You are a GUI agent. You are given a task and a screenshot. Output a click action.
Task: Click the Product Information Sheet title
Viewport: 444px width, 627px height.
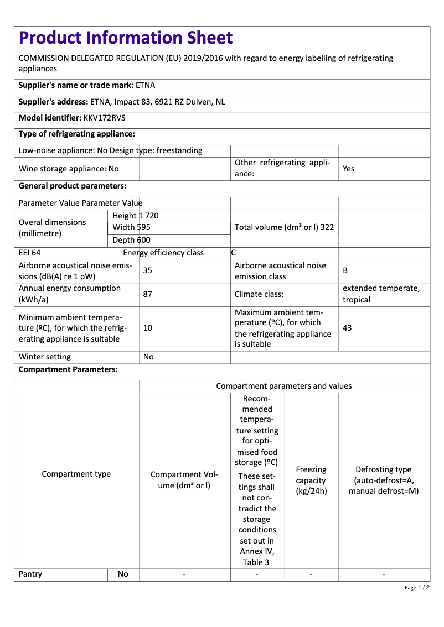point(126,38)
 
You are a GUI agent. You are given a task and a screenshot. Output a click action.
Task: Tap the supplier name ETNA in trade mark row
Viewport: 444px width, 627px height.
point(146,85)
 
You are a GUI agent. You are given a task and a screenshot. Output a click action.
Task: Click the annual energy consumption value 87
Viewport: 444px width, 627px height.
point(148,294)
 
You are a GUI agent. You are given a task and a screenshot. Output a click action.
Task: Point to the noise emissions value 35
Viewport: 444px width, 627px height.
point(148,271)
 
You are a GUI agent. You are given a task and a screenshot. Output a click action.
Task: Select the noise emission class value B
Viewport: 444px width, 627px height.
point(345,271)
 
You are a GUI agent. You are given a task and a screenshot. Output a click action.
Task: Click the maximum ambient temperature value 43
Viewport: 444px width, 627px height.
point(347,328)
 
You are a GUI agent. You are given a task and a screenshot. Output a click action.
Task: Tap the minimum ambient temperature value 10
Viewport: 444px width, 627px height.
point(148,328)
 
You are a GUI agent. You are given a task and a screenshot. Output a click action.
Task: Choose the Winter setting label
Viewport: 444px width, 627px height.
point(45,357)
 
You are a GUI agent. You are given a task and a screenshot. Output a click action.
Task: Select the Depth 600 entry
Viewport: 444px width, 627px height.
point(131,240)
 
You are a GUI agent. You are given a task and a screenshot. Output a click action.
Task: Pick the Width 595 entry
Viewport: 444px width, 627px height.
point(131,227)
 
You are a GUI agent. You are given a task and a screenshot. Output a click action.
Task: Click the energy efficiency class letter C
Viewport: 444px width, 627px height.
point(234,253)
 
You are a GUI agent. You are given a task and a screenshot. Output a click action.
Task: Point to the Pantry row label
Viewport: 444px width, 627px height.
point(30,574)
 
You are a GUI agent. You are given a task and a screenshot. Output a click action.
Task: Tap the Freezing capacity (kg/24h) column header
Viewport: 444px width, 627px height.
point(311,480)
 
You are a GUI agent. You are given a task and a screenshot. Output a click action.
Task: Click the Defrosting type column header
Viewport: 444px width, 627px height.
point(384,480)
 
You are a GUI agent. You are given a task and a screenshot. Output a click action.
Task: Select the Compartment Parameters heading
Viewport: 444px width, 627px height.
point(68,369)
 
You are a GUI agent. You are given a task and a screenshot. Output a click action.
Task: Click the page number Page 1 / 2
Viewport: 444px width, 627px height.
point(417,587)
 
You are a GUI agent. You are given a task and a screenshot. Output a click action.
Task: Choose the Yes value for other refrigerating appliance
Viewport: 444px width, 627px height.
point(348,169)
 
